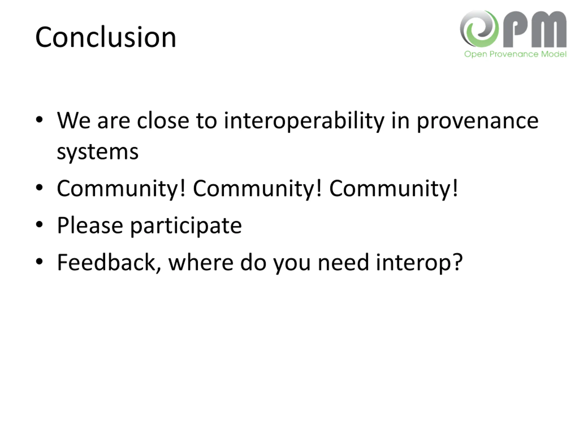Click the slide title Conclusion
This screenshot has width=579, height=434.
106,37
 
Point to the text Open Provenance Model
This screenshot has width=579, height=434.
515,54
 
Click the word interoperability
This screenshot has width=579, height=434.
304,121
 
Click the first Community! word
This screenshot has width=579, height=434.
121,189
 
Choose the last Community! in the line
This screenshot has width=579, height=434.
393,189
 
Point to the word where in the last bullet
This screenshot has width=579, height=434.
201,262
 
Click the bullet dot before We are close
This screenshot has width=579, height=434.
39,120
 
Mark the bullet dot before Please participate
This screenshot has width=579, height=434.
39,224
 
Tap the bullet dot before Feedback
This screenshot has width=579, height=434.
39,262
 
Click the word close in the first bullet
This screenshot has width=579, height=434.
163,121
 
